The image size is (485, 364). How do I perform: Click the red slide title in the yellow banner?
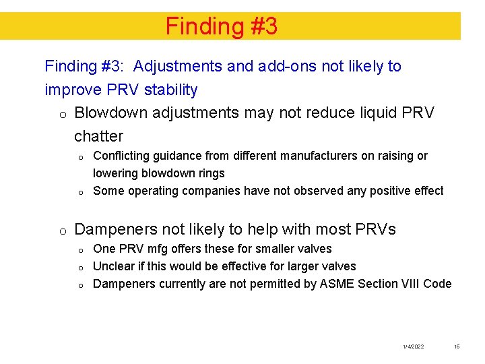coord(222,26)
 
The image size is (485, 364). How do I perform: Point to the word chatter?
coord(98,136)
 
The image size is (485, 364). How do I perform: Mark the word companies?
coord(205,191)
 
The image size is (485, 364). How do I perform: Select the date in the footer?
coord(413,346)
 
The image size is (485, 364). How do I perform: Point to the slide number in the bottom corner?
coord(456,346)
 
